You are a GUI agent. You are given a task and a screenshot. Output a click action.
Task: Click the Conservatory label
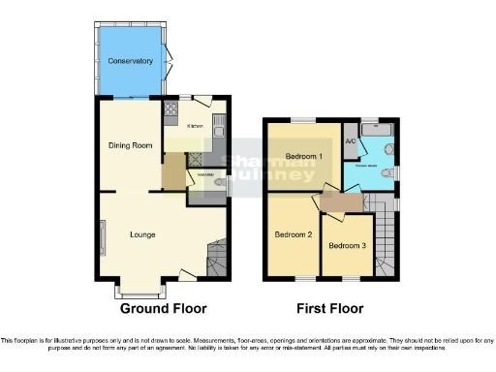(131, 61)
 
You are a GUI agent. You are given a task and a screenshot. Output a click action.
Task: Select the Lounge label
(143, 233)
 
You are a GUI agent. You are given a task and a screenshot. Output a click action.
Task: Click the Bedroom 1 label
(304, 156)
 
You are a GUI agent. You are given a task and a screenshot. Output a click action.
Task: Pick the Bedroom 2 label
(292, 234)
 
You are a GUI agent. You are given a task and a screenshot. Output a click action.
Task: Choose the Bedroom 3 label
(346, 245)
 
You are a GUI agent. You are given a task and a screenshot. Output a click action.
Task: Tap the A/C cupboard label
(351, 141)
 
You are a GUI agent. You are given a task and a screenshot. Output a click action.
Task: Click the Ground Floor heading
(163, 309)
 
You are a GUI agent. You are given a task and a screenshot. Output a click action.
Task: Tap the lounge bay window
(140, 289)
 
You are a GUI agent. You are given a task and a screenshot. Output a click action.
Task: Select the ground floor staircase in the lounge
(217, 257)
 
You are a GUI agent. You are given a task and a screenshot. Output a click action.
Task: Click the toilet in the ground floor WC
(221, 180)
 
